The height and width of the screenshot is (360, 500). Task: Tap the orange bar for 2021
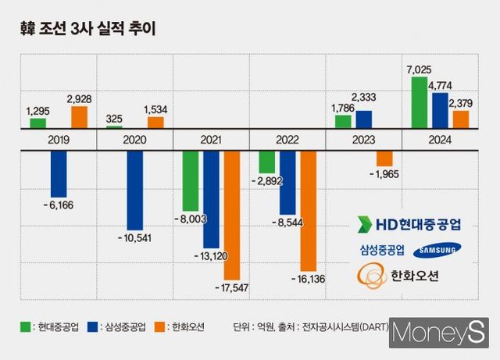(231, 215)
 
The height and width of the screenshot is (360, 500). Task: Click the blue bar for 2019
(59, 173)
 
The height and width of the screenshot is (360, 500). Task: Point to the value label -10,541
(134, 237)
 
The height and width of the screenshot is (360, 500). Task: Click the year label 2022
(287, 140)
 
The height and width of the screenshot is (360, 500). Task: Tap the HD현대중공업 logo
(408, 224)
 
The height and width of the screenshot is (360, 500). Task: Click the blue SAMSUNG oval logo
(437, 250)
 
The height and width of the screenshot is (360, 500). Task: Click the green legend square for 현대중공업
(24, 326)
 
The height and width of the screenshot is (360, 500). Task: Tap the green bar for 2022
(267, 162)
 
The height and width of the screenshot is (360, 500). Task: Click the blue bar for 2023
(363, 119)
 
